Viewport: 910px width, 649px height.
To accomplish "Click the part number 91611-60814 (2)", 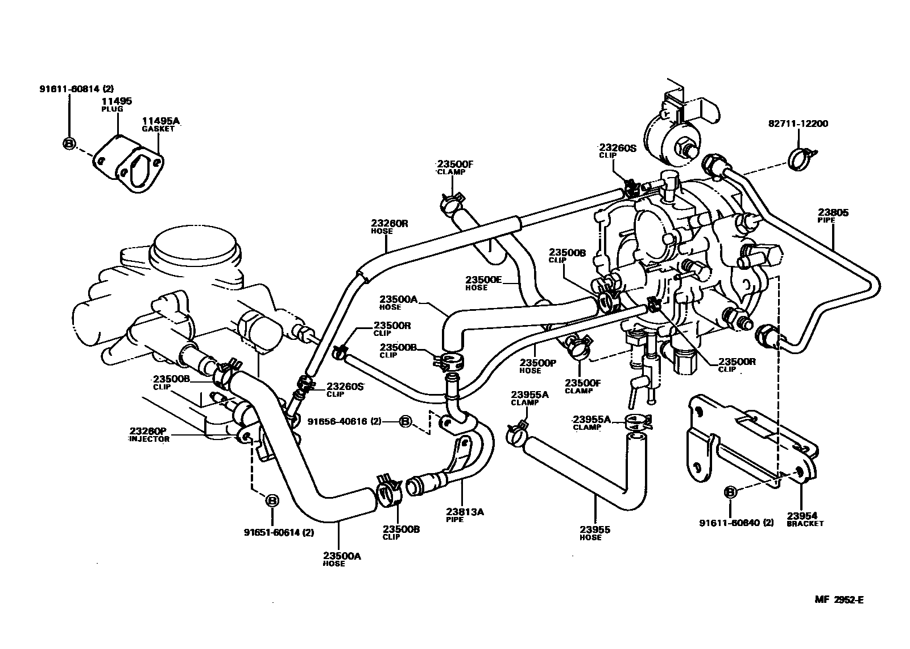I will [77, 89].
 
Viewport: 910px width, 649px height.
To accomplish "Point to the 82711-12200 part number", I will [799, 123].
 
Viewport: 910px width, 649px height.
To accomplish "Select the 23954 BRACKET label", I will [804, 519].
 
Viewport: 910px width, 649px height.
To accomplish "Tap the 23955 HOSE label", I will [595, 533].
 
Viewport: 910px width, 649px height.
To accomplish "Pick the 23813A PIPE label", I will [465, 515].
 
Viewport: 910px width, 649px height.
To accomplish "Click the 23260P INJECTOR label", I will [149, 434].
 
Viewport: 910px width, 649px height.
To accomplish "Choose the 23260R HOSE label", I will [390, 227].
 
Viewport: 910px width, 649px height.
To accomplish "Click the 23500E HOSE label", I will [483, 283].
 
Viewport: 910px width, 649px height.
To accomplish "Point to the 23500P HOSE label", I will [537, 365].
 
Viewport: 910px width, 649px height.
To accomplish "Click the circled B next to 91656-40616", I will [406, 421].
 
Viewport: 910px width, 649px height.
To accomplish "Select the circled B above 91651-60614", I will [272, 500].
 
